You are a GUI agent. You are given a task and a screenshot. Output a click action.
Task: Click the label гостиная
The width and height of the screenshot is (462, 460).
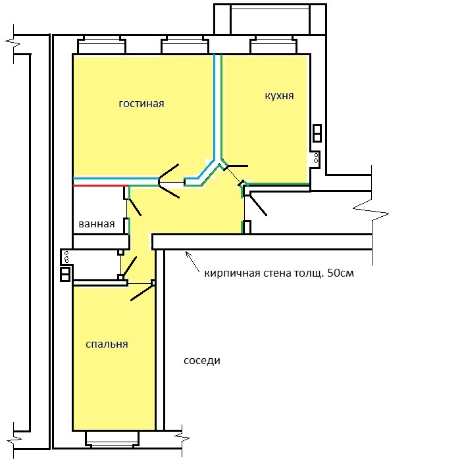[141, 104]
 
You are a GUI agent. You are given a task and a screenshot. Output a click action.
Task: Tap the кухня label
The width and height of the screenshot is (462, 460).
[279, 96]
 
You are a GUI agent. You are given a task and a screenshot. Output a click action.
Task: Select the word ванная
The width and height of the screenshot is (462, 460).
[97, 224]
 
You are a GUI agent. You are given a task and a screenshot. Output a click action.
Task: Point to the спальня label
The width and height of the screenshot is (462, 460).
[107, 344]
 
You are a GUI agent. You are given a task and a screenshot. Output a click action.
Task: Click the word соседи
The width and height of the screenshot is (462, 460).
[202, 361]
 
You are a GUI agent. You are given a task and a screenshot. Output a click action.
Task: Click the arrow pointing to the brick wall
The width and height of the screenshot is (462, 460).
[192, 262]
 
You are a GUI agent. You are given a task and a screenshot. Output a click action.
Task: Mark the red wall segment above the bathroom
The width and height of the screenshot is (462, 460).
[101, 185]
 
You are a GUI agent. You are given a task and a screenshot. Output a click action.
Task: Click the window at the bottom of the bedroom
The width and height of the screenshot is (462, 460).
[112, 440]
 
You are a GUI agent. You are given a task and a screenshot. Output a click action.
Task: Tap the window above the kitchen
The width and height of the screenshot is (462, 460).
[273, 45]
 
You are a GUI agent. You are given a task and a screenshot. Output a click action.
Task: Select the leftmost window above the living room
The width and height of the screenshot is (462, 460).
[101, 45]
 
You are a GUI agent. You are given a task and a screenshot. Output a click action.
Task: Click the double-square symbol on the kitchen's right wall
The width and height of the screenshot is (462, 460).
[317, 133]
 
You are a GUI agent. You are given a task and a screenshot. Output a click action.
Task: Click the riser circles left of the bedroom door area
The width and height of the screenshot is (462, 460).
[66, 257]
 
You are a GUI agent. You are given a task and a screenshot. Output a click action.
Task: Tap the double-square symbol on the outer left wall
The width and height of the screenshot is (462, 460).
[65, 275]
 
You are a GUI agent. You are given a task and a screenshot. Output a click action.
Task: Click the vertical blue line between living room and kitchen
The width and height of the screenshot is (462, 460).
[215, 107]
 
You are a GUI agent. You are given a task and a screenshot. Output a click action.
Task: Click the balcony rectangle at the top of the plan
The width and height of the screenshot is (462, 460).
[270, 20]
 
